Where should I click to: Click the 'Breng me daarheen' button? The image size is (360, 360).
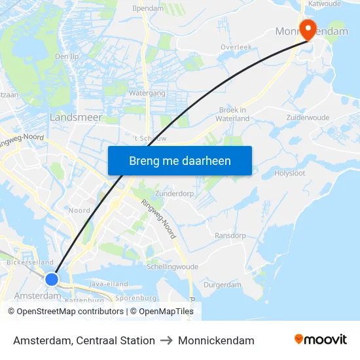click(x=179, y=160)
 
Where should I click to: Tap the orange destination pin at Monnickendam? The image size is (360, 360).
click(x=306, y=28)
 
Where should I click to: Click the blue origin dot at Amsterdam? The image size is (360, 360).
click(x=52, y=279)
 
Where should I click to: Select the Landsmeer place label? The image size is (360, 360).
click(x=76, y=117)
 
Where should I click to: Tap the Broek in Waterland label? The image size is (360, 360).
click(x=233, y=115)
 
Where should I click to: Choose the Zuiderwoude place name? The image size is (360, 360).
click(x=308, y=117)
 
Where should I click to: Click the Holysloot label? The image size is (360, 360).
click(x=289, y=173)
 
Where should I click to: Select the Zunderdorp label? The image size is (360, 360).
click(x=175, y=194)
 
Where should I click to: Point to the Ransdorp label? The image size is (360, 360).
click(x=230, y=236)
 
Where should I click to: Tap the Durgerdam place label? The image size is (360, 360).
click(x=223, y=285)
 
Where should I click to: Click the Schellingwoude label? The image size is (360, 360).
click(x=172, y=267)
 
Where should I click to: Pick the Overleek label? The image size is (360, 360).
click(x=236, y=48)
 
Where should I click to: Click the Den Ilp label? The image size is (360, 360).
click(x=66, y=56)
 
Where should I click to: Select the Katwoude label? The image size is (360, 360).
click(x=324, y=3)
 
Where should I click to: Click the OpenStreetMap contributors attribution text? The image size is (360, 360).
click(x=66, y=312)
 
